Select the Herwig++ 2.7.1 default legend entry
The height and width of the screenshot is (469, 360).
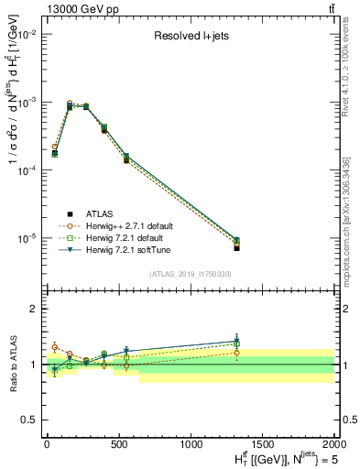pyautogui.click(x=127, y=225)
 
